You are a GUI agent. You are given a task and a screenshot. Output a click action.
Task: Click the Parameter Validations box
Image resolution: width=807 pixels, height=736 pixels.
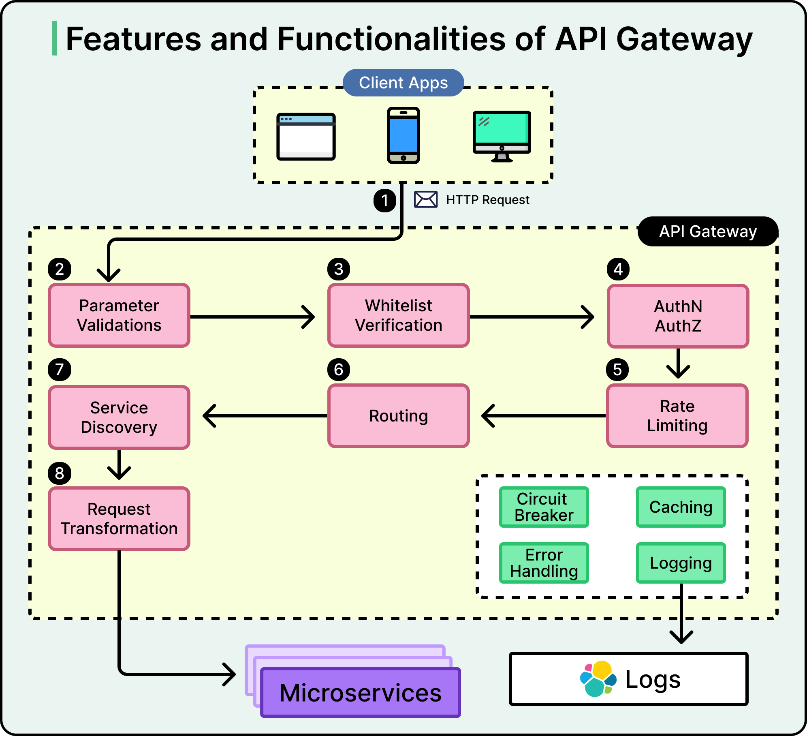pyautogui.click(x=119, y=315)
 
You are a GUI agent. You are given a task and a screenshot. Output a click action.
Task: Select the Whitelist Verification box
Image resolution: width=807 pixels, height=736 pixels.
pyautogui.click(x=399, y=315)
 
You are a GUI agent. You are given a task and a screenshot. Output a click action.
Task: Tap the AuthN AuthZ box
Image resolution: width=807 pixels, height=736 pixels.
pyautogui.click(x=678, y=316)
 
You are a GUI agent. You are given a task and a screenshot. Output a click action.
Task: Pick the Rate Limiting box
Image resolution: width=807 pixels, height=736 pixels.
pyautogui.click(x=677, y=416)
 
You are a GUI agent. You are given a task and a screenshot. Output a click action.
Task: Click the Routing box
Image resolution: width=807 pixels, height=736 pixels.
pyautogui.click(x=399, y=416)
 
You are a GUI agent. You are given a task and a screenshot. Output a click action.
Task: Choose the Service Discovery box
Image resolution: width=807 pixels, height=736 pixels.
pyautogui.click(x=119, y=417)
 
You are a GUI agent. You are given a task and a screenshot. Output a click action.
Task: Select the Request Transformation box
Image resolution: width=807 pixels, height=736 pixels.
pyautogui.click(x=119, y=519)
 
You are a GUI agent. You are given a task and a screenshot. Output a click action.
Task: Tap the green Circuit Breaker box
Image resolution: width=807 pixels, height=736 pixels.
pyautogui.click(x=544, y=507)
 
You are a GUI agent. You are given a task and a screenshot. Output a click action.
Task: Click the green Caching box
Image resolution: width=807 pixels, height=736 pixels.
pyautogui.click(x=681, y=507)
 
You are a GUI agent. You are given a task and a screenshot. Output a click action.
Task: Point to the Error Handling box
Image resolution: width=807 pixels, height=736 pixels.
pyautogui.click(x=544, y=563)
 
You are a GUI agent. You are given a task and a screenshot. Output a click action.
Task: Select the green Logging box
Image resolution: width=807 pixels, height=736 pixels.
pyautogui.click(x=681, y=563)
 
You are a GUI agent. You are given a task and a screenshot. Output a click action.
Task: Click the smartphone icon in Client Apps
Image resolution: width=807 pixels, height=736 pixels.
pyautogui.click(x=403, y=135)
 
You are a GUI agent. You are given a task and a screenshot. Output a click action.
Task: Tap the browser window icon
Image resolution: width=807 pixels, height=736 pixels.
pyautogui.click(x=306, y=137)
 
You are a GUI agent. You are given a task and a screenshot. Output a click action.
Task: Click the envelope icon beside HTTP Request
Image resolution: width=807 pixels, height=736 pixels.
pyautogui.click(x=425, y=199)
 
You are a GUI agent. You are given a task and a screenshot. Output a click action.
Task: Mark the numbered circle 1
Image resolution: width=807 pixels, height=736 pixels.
pyautogui.click(x=384, y=200)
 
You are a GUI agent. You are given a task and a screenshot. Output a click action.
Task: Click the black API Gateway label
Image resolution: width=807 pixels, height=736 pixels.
pyautogui.click(x=708, y=231)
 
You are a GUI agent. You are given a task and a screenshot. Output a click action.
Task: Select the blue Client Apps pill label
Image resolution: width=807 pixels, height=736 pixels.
pyautogui.click(x=403, y=83)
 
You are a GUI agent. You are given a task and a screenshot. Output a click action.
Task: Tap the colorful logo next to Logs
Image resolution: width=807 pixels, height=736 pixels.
pyautogui.click(x=598, y=679)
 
